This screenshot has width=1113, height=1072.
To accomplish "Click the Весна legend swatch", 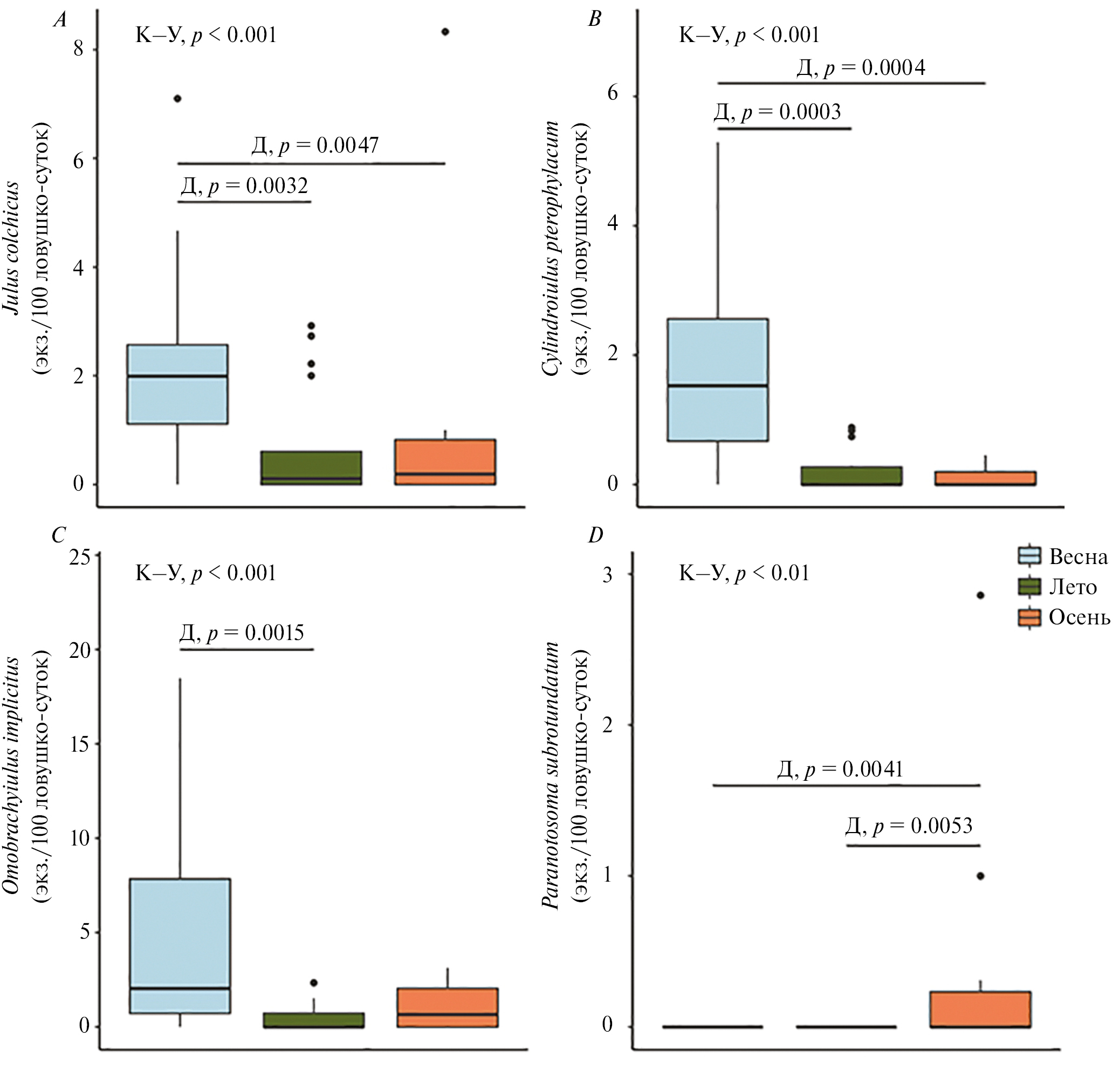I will pos(1029,556).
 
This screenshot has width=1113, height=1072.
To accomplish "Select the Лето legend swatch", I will pos(1029,587).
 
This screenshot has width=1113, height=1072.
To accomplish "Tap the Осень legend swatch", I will pos(1029,618).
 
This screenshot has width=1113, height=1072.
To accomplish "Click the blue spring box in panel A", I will pos(178,384).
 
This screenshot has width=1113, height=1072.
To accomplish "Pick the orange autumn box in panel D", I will pos(980,1009).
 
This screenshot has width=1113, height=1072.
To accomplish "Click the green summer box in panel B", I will pos(852,476).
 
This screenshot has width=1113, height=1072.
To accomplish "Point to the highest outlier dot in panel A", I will pos(445,32).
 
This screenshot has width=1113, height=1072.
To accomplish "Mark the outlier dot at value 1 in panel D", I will pos(980,876).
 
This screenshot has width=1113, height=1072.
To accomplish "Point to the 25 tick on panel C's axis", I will pos(81,558).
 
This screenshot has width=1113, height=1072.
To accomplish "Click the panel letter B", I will pos(595,20).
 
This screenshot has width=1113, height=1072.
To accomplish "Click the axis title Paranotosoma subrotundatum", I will pos(550,775).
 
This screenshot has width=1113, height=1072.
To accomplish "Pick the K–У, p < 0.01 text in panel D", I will pos(744,573).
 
